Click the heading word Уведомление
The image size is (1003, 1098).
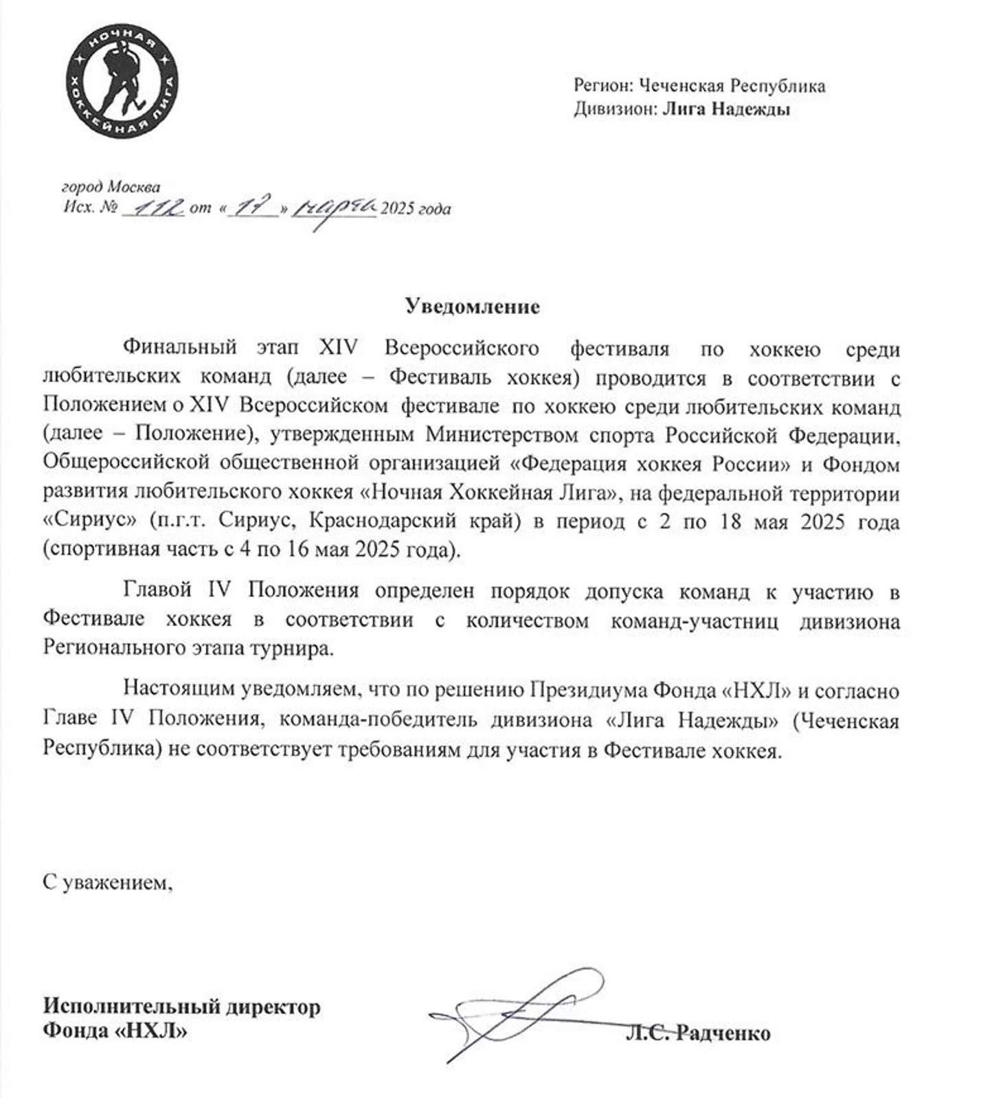click(x=472, y=306)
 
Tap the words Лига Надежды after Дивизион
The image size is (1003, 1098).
click(x=726, y=109)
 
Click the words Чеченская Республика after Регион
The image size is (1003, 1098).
click(x=732, y=86)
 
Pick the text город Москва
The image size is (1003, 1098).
click(x=111, y=187)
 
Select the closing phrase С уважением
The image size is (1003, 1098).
click(x=107, y=882)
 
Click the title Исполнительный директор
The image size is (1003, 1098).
click(x=181, y=1007)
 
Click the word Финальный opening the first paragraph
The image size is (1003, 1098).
click(x=179, y=348)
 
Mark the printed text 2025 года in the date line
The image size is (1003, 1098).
click(x=416, y=208)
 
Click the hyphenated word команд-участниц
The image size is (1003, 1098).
click(x=695, y=620)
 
